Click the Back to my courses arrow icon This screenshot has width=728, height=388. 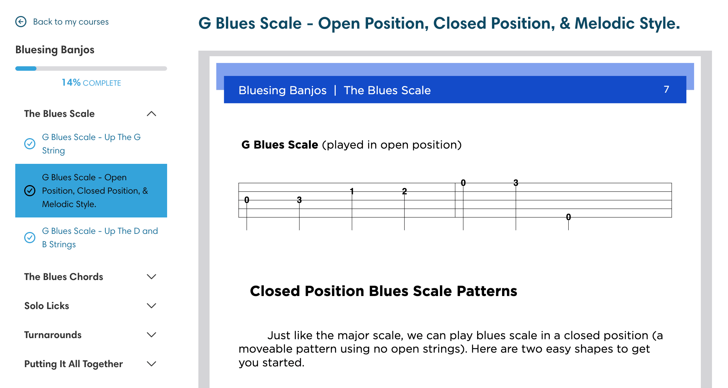click(21, 22)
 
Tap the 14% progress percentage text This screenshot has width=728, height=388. click(71, 82)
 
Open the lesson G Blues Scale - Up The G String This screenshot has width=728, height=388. click(91, 144)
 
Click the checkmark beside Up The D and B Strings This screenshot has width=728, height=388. click(30, 238)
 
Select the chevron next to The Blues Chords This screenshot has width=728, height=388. click(151, 277)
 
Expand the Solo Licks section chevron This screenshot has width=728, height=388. click(151, 306)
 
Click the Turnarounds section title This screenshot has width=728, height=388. click(53, 335)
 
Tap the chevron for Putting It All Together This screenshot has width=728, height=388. click(151, 364)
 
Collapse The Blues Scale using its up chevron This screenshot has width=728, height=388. click(151, 114)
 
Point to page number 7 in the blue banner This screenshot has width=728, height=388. click(666, 89)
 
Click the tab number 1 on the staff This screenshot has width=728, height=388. click(352, 191)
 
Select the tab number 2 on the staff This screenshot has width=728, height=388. click(405, 191)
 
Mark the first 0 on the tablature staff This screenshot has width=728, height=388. click(247, 200)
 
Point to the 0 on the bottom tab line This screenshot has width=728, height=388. click(568, 217)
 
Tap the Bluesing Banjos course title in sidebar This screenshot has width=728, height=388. click(55, 50)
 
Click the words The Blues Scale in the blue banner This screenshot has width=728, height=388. click(387, 90)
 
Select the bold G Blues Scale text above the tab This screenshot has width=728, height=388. click(280, 144)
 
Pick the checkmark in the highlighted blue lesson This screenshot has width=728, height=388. click(30, 191)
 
